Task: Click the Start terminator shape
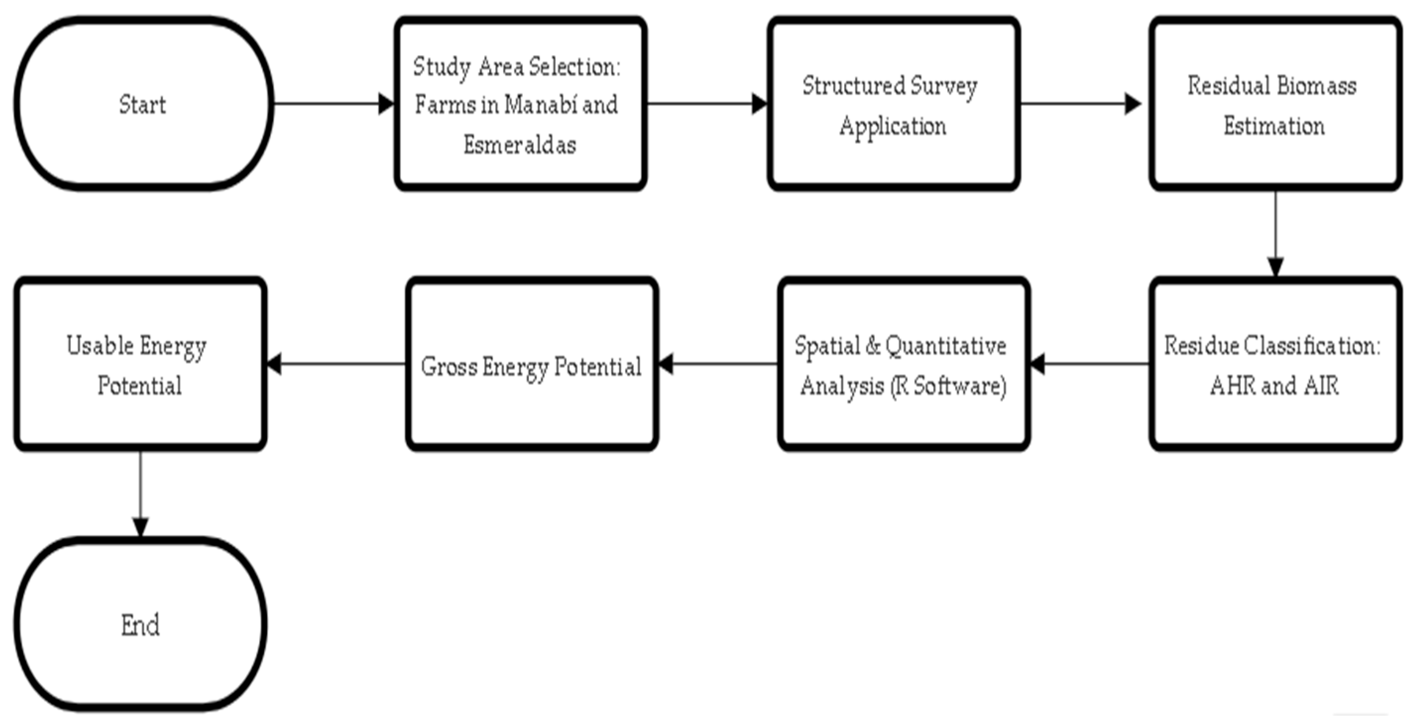point(143,104)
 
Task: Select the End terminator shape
point(140,625)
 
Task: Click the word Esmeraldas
point(519,145)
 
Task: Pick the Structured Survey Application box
point(893,104)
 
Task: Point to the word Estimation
point(1274,126)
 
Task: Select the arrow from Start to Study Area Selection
point(333,104)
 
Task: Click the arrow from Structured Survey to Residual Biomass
point(1079,104)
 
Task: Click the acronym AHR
point(1232,385)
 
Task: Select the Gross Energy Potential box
point(532,364)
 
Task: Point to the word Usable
point(100,346)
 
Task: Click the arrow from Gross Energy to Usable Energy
point(336,364)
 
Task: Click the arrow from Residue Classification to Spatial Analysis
point(1089,364)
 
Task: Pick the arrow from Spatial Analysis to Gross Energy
point(718,364)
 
